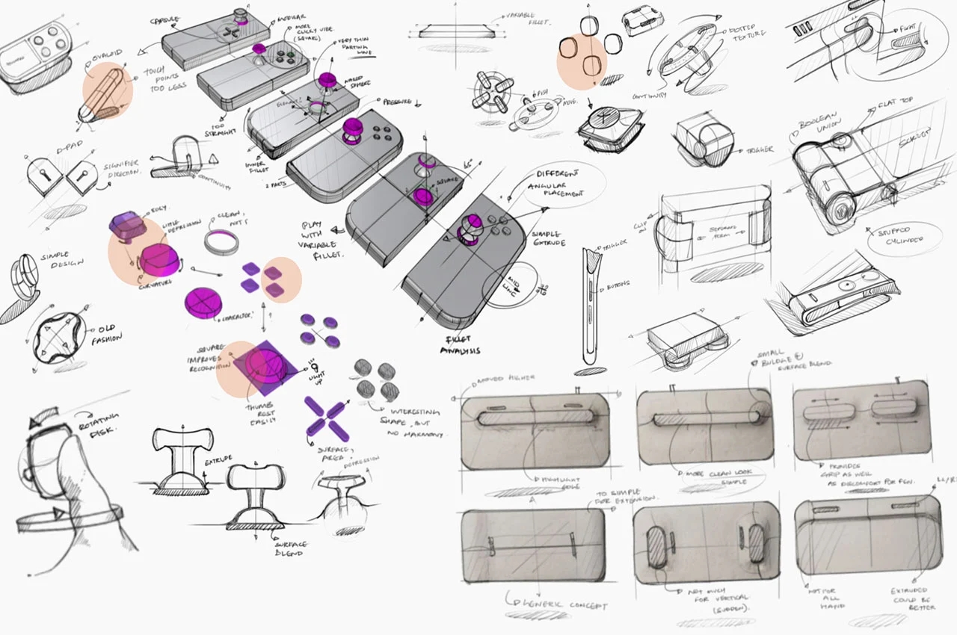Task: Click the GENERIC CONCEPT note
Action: pos(557,603)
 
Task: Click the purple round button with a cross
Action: pos(202,302)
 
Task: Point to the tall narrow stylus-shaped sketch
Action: pos(589,306)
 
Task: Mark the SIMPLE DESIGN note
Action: pos(64,261)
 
